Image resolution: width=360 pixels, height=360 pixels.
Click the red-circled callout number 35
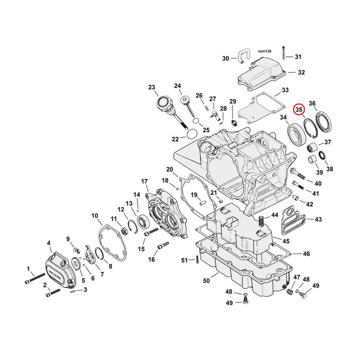click(x=299, y=110)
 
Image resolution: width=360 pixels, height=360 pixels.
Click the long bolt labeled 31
click(x=283, y=53)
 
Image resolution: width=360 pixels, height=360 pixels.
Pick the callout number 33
click(x=285, y=90)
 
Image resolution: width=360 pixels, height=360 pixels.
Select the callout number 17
click(x=144, y=181)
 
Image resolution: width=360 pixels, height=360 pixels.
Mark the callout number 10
click(x=95, y=215)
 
